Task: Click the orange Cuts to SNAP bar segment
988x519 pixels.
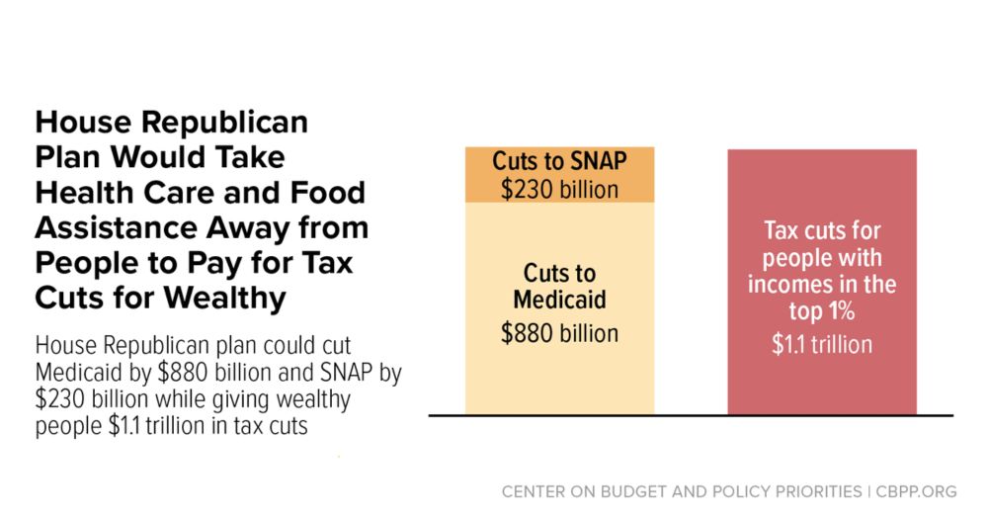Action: click(559, 175)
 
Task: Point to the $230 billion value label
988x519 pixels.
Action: click(559, 189)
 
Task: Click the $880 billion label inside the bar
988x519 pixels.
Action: click(559, 333)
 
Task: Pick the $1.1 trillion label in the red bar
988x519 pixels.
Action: click(822, 344)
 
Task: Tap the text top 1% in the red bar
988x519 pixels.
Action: click(822, 311)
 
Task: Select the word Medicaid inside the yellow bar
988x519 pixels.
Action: click(559, 300)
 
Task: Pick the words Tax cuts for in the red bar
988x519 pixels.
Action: click(822, 231)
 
